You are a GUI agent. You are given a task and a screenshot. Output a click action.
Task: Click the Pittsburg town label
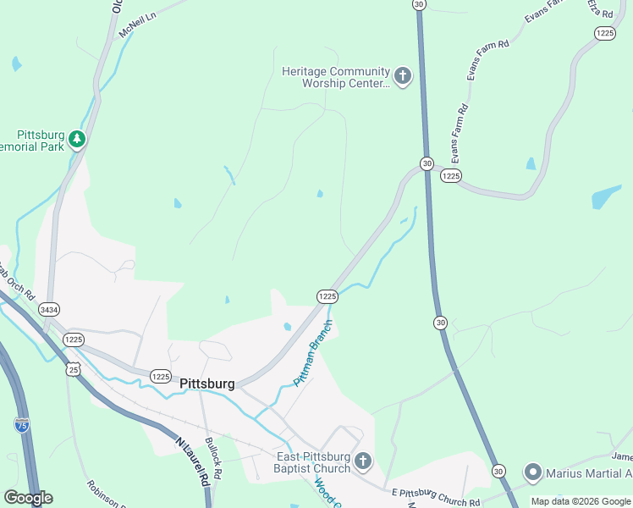[x=207, y=384]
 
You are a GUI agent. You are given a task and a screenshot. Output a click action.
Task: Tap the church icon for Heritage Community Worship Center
[x=402, y=78]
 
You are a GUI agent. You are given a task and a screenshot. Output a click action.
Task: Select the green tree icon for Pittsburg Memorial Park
[x=77, y=138]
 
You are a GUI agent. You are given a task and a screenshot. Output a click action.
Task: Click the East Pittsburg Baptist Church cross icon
[x=363, y=462]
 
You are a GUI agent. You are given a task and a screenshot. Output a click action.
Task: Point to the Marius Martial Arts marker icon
[x=533, y=472]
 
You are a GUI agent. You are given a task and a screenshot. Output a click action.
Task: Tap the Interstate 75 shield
[x=22, y=425]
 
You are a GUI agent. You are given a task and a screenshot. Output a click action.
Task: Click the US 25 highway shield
[x=74, y=368]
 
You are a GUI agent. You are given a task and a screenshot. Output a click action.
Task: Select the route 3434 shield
[x=48, y=311]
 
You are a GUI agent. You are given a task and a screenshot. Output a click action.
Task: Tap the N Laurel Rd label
[x=193, y=461]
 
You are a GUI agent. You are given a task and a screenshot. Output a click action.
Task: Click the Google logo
[x=28, y=498]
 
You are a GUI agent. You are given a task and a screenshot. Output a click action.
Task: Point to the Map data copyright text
[x=581, y=501]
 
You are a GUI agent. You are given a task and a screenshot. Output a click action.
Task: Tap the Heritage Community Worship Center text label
[x=336, y=78]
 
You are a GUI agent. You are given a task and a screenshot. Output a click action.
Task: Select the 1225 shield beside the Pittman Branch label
[x=328, y=296]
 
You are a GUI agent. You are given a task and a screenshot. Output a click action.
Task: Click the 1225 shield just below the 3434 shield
[x=74, y=340]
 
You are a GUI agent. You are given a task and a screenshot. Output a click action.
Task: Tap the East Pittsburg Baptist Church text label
[x=313, y=462]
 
